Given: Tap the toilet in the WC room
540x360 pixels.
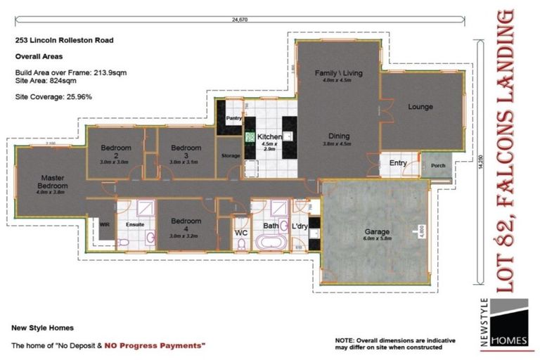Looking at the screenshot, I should [241, 243].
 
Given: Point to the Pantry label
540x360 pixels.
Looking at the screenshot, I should [233, 119].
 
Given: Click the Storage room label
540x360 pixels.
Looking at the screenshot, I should [231, 156].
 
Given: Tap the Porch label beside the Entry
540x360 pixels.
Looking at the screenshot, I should [437, 167].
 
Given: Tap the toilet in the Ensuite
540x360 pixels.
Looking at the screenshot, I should [123, 242].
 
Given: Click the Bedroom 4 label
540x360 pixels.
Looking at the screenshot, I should [186, 225].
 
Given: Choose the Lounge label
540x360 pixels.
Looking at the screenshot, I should [420, 107].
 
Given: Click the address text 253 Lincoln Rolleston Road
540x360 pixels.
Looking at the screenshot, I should [64, 41].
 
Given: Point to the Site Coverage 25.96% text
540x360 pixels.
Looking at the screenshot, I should [54, 96].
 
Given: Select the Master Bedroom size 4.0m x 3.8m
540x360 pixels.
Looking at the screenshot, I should [52, 191].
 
